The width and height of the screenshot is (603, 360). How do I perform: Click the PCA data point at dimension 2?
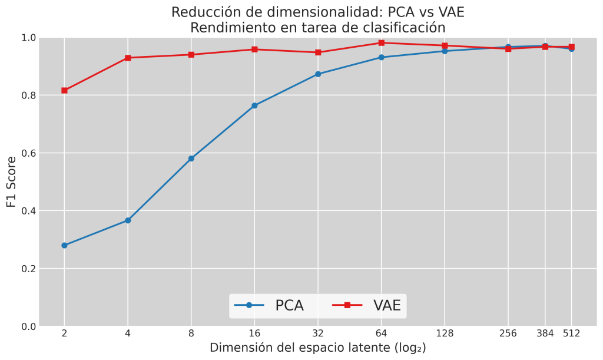click(64, 245)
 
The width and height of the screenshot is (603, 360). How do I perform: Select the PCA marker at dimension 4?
click(128, 220)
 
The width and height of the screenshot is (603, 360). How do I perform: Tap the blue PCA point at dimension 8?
click(191, 158)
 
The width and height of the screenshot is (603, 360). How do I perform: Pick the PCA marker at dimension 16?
click(254, 105)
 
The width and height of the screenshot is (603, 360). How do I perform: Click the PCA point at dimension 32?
click(318, 74)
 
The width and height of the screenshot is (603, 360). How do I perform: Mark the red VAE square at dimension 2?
click(64, 90)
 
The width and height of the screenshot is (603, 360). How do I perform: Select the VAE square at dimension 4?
click(128, 58)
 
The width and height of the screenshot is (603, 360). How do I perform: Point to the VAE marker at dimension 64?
click(382, 42)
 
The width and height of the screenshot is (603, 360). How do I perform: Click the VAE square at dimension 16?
click(254, 49)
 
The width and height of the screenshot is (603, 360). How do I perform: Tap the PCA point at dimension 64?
click(382, 57)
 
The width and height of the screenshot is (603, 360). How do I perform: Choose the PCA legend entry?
click(270, 305)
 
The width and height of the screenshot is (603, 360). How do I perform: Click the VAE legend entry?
click(367, 305)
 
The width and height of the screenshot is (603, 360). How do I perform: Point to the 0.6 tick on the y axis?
click(29, 153)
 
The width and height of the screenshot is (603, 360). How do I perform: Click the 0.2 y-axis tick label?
click(29, 269)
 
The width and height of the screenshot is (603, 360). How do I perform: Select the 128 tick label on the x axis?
click(445, 333)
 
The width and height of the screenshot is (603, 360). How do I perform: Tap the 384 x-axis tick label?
click(545, 333)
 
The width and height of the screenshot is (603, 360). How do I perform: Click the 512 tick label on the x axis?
click(571, 333)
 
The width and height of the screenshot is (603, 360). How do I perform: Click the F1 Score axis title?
click(11, 181)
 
